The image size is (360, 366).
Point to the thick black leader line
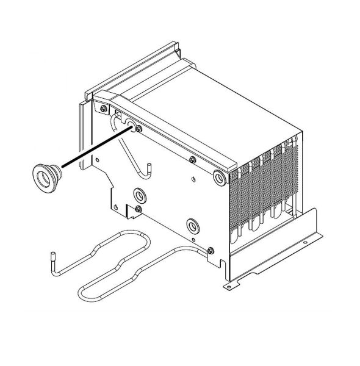click(x=92, y=148)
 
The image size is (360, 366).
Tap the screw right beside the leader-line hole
click(x=140, y=128)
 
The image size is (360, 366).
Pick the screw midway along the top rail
click(x=192, y=160)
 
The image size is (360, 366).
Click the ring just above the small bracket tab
click(x=140, y=196)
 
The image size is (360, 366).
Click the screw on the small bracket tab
click(x=139, y=209)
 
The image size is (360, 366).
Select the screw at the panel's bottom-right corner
click(x=211, y=249)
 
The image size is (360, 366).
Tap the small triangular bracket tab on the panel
click(x=129, y=211)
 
